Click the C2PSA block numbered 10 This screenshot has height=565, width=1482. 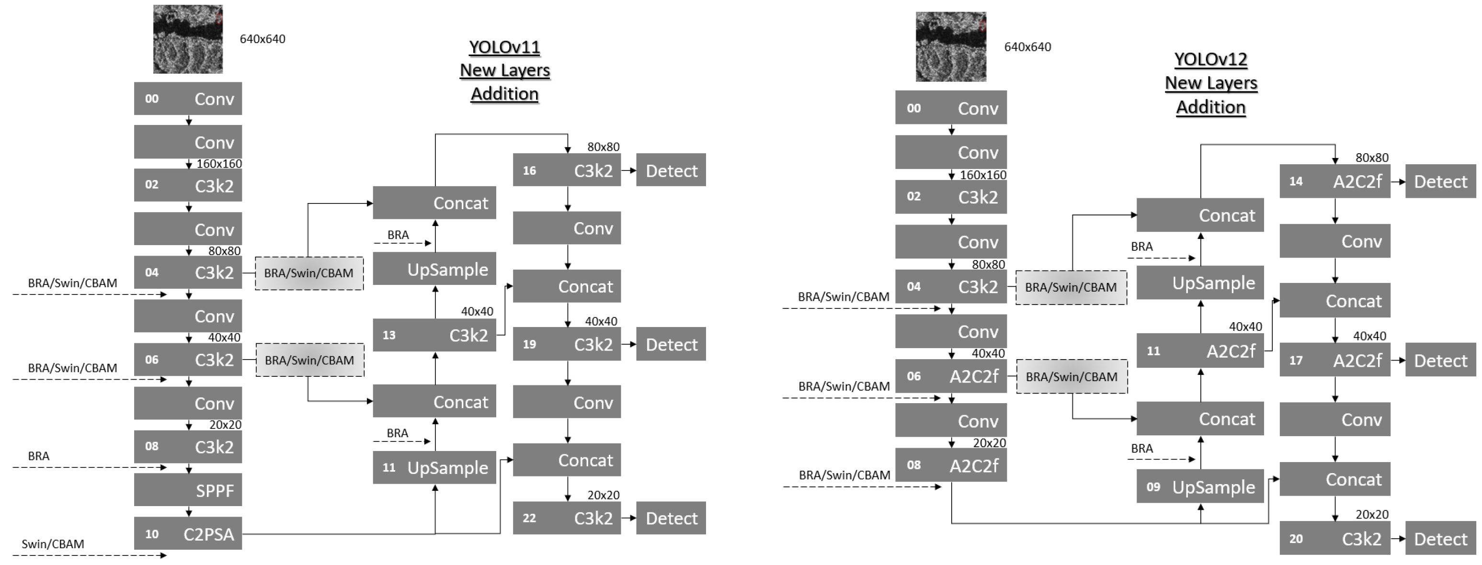tap(188, 533)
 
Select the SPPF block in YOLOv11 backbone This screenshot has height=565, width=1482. tap(188, 490)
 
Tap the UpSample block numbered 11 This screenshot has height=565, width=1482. tap(434, 467)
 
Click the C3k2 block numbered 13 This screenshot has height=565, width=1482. tap(434, 335)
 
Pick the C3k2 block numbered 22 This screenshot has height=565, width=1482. tap(567, 518)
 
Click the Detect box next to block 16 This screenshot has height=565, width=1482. tap(671, 170)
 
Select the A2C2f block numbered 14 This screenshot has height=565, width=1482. tap(1335, 181)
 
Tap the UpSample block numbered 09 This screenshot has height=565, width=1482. tap(1199, 487)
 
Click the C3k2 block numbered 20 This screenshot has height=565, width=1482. tap(1335, 539)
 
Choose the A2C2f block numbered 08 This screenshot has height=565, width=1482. tap(950, 465)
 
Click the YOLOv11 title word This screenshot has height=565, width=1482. tap(504, 47)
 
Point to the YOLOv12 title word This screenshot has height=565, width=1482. tap(1210, 59)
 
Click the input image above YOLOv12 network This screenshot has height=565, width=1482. tap(950, 46)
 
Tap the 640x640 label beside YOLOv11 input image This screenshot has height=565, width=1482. tap(262, 39)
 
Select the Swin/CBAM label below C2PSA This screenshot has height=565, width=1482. tap(53, 544)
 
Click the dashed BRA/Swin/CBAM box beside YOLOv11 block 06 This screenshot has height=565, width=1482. tap(309, 360)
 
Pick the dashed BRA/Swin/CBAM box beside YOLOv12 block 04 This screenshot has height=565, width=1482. tap(1071, 287)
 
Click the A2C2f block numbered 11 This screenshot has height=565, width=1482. tap(1199, 350)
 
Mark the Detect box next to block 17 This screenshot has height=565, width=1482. tap(1440, 360)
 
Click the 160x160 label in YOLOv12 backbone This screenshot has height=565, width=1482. tap(982, 175)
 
